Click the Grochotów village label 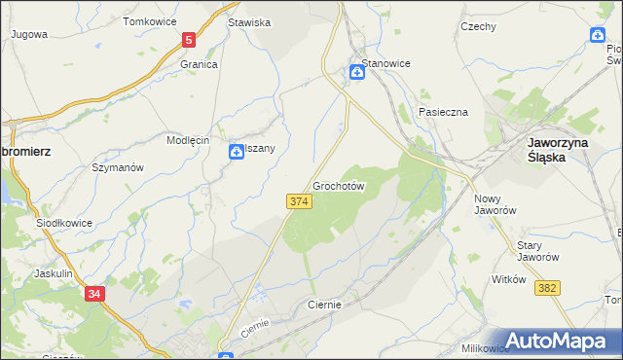point(339,185)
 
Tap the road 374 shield point(299,200)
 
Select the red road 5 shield point(188,41)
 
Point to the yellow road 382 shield point(548,287)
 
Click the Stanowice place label point(386,63)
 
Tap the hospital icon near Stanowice point(357,70)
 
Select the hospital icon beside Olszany point(237,152)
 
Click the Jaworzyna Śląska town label point(554,148)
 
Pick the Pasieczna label point(443,112)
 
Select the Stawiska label point(248,21)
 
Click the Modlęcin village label point(188,140)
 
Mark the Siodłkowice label point(64,223)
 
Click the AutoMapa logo point(559,341)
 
